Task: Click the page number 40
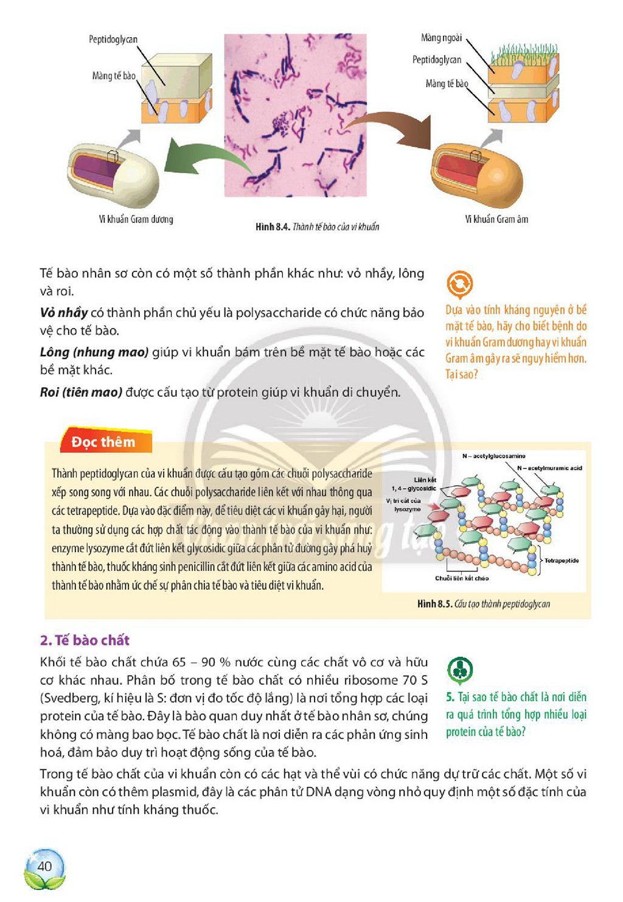44,865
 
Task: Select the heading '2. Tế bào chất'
85,640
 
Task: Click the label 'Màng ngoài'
441,38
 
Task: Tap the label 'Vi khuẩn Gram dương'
136,220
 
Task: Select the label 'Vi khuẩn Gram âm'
496,220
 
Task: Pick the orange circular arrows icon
459,283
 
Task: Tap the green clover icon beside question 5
459,670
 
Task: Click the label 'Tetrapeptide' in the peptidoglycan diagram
562,561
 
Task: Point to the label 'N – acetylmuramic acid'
549,468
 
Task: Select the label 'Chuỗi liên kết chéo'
462,578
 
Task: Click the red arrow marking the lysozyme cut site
434,506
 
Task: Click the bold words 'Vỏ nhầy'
64,313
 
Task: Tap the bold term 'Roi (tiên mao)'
81,392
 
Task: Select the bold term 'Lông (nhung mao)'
94,352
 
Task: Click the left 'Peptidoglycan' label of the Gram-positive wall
113,40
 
